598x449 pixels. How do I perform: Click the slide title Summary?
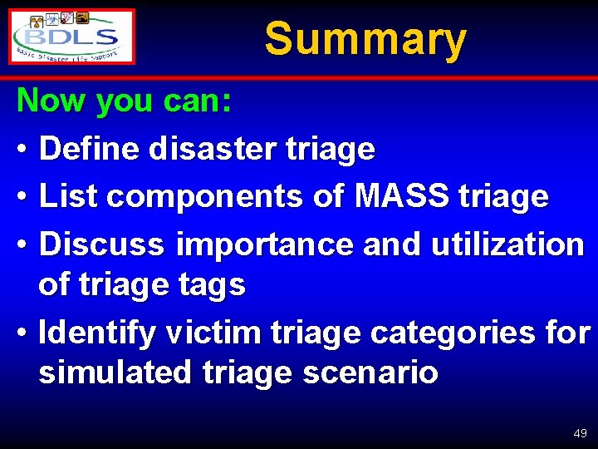(x=365, y=38)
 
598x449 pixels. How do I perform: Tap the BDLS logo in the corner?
(x=73, y=37)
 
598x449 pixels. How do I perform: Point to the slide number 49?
(x=580, y=433)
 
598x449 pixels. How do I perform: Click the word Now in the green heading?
(x=52, y=101)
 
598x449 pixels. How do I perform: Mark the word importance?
(x=258, y=244)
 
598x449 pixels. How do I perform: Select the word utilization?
(x=508, y=244)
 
